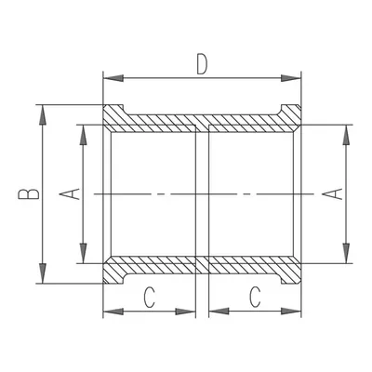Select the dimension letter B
tap(29, 193)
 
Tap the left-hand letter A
tap(70, 194)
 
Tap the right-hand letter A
tap(332, 194)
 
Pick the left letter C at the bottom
tap(149, 298)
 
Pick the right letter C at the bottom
tap(255, 298)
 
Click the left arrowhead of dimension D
tap(113, 78)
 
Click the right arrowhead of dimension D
tap(291, 78)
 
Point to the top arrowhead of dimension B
tap(43, 115)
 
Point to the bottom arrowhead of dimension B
tap(43, 273)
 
